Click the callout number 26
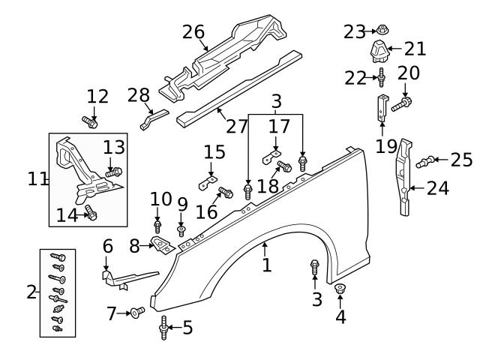pos(193,32)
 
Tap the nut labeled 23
pos(381,31)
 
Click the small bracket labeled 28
pos(153,119)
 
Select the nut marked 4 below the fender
pos(340,289)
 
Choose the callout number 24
pos(437,187)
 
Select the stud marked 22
pos(382,76)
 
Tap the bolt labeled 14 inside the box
pos(91,214)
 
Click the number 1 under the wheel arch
pos(266,265)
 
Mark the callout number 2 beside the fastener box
pos(31,292)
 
